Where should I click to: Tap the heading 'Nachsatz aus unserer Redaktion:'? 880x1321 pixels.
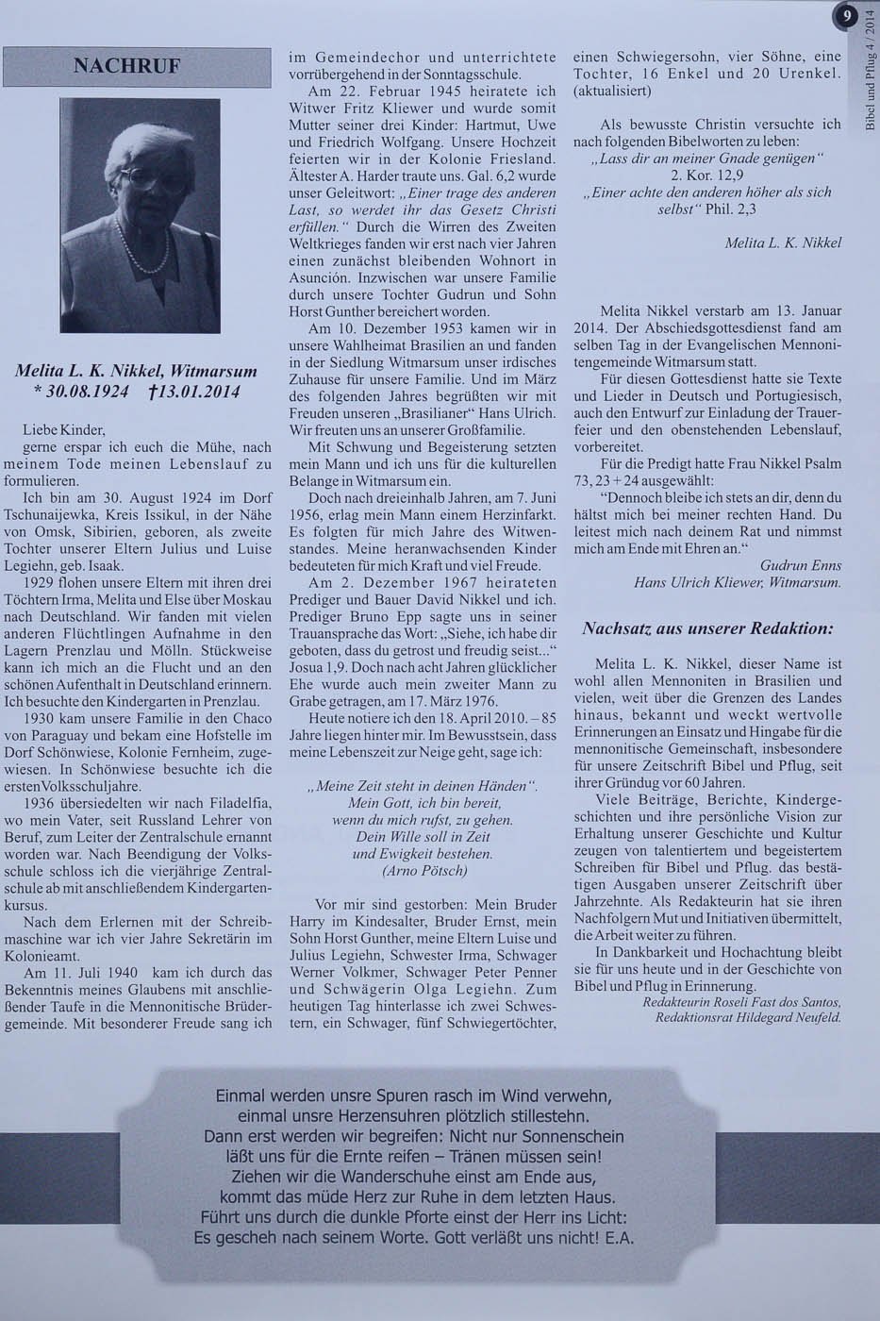tap(707, 627)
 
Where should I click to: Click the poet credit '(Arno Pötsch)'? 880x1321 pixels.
tap(422, 871)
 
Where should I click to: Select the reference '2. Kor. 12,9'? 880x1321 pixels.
tap(706, 175)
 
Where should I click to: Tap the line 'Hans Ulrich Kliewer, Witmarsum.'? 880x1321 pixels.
tap(737, 582)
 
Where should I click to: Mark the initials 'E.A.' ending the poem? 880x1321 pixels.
tap(618, 1237)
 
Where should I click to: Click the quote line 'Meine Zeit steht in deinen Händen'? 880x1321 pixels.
tap(422, 786)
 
